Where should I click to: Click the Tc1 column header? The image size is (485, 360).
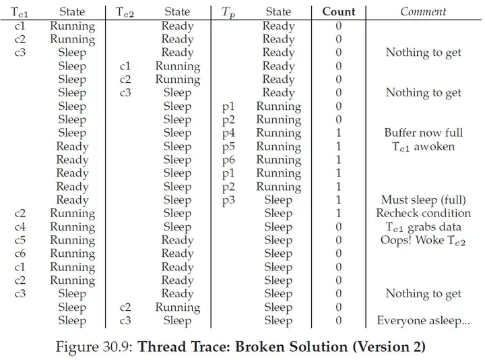19,11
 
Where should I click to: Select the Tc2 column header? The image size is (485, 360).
125,11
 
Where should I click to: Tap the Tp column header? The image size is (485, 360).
228,12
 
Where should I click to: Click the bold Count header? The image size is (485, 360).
339,11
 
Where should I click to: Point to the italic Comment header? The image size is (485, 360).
423,11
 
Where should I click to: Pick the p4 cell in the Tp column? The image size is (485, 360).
228,133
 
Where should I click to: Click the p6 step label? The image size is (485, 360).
228,160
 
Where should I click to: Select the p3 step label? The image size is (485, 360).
228,200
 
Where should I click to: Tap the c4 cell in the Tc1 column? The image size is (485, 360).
20,227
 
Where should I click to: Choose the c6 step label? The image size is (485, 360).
20,253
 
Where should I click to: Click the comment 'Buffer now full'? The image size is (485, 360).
424,133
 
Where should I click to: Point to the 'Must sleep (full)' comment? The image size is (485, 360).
424,200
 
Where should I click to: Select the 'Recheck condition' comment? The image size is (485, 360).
424,213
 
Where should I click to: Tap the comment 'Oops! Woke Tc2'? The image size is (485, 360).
423,240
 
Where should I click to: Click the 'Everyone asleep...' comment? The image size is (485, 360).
424,320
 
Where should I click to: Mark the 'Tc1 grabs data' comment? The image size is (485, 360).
424,227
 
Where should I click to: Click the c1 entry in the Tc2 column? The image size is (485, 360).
125,66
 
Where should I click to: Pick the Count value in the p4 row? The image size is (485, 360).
339,133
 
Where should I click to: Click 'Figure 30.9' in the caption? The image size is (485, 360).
94,347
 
